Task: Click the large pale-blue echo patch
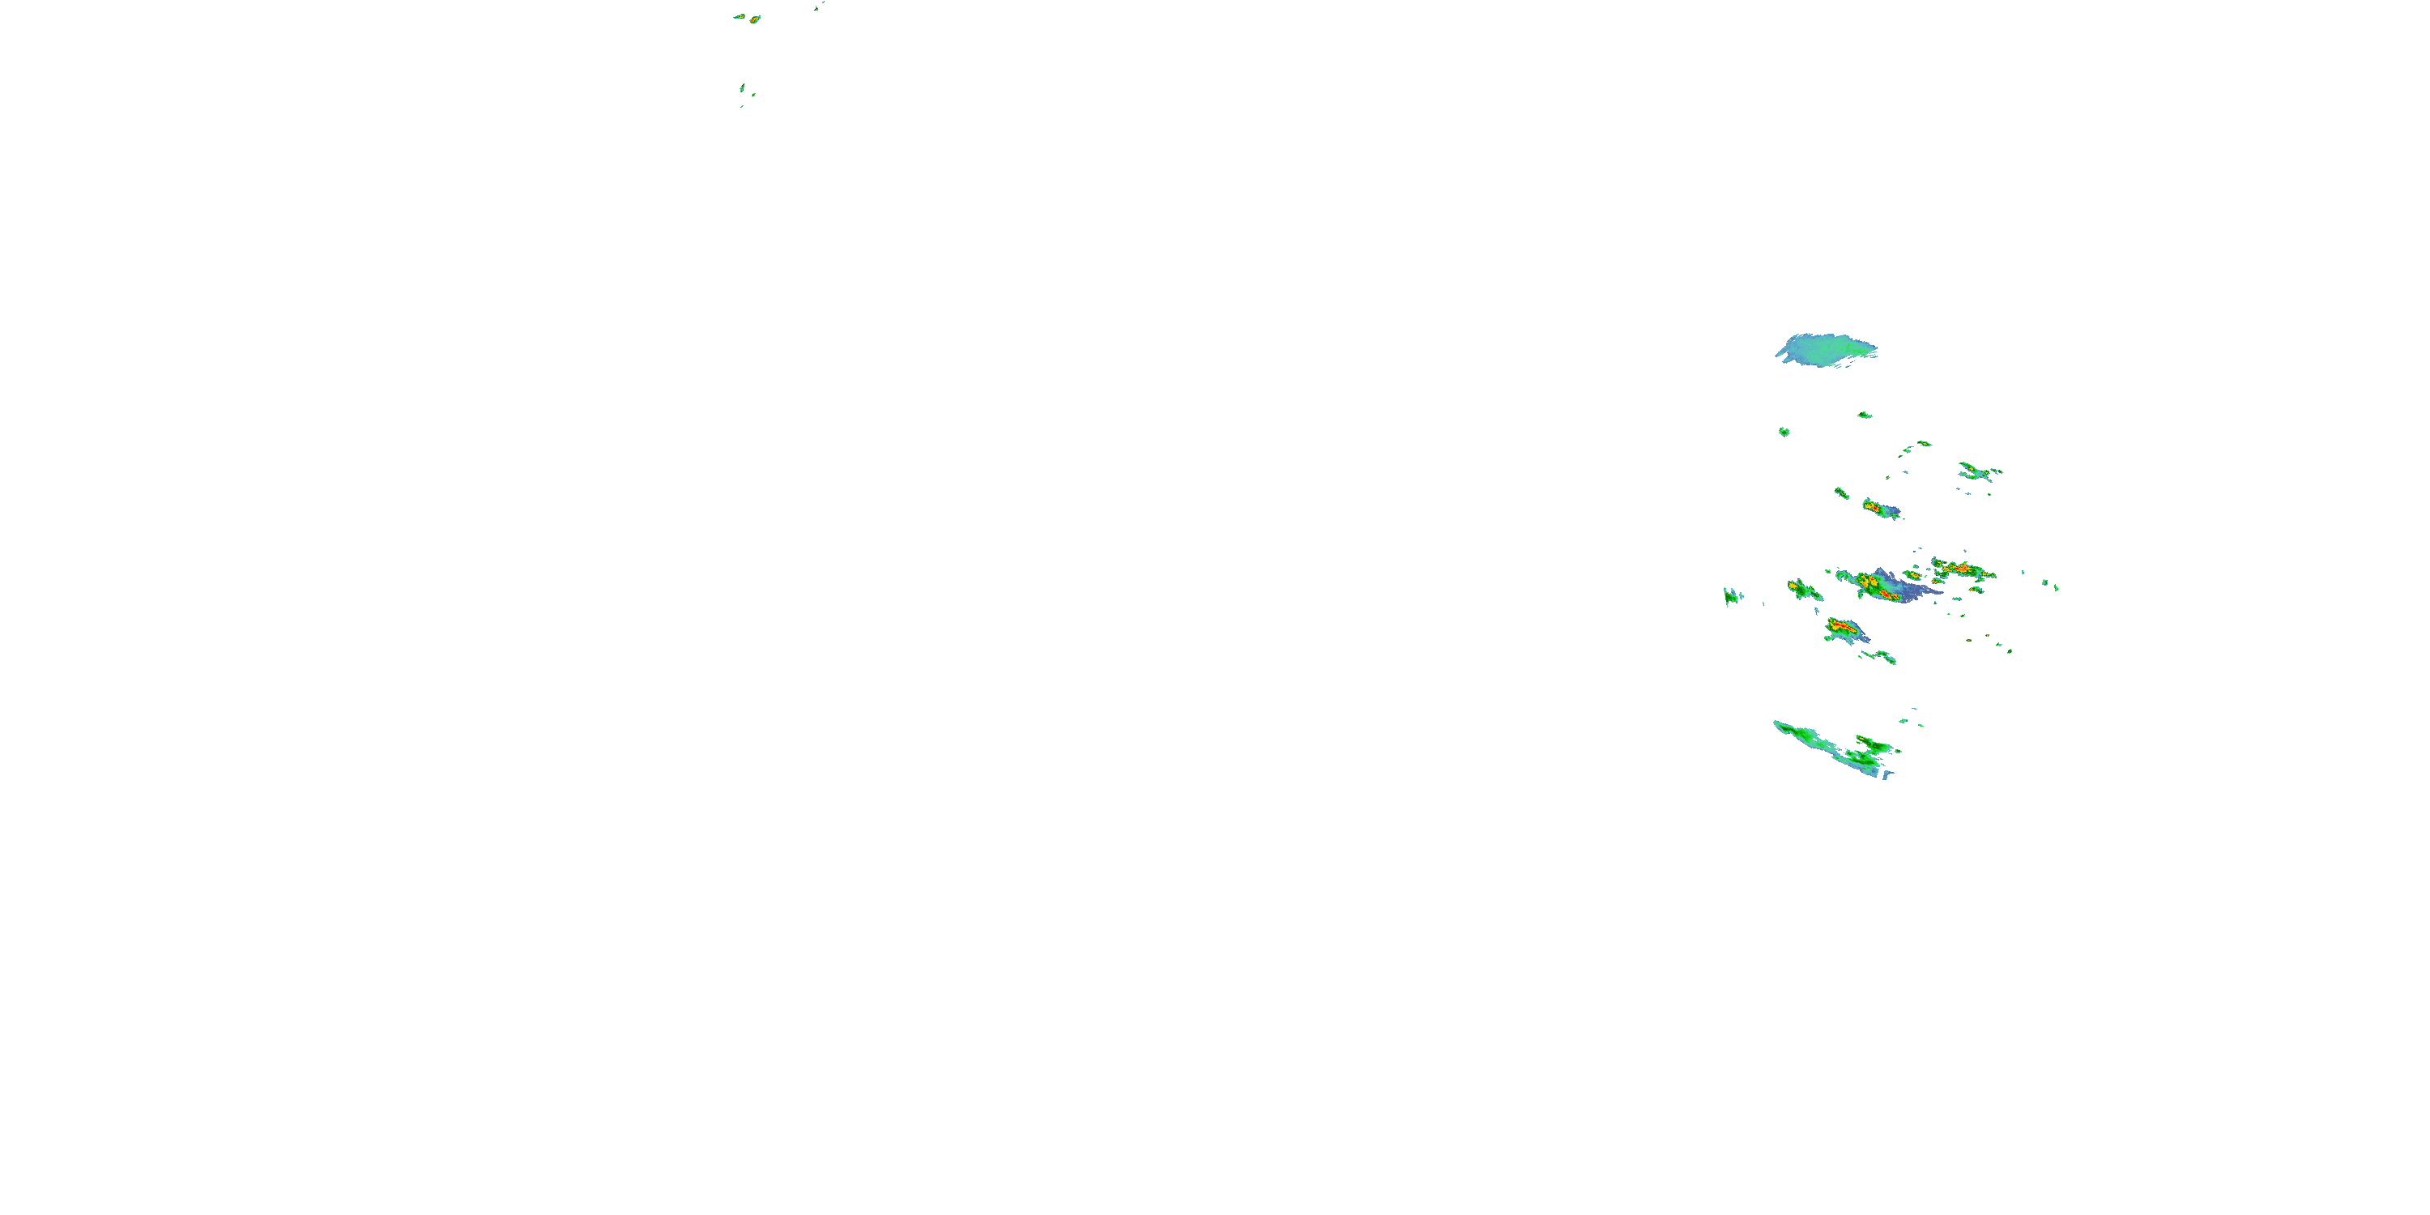(1825, 350)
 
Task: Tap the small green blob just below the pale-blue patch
(1864, 414)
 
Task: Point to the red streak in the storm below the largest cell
(1840, 625)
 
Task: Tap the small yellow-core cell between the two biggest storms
(1912, 574)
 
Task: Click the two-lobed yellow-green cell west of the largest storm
(1804, 590)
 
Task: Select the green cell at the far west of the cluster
(1731, 595)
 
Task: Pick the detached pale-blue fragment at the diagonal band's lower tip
(1887, 774)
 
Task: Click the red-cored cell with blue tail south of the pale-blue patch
(1880, 509)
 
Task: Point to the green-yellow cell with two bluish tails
(1976, 471)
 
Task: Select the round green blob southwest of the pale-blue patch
(1784, 431)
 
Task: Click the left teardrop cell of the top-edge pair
(740, 16)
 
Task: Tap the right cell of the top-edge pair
(755, 19)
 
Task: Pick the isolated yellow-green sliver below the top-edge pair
(743, 87)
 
